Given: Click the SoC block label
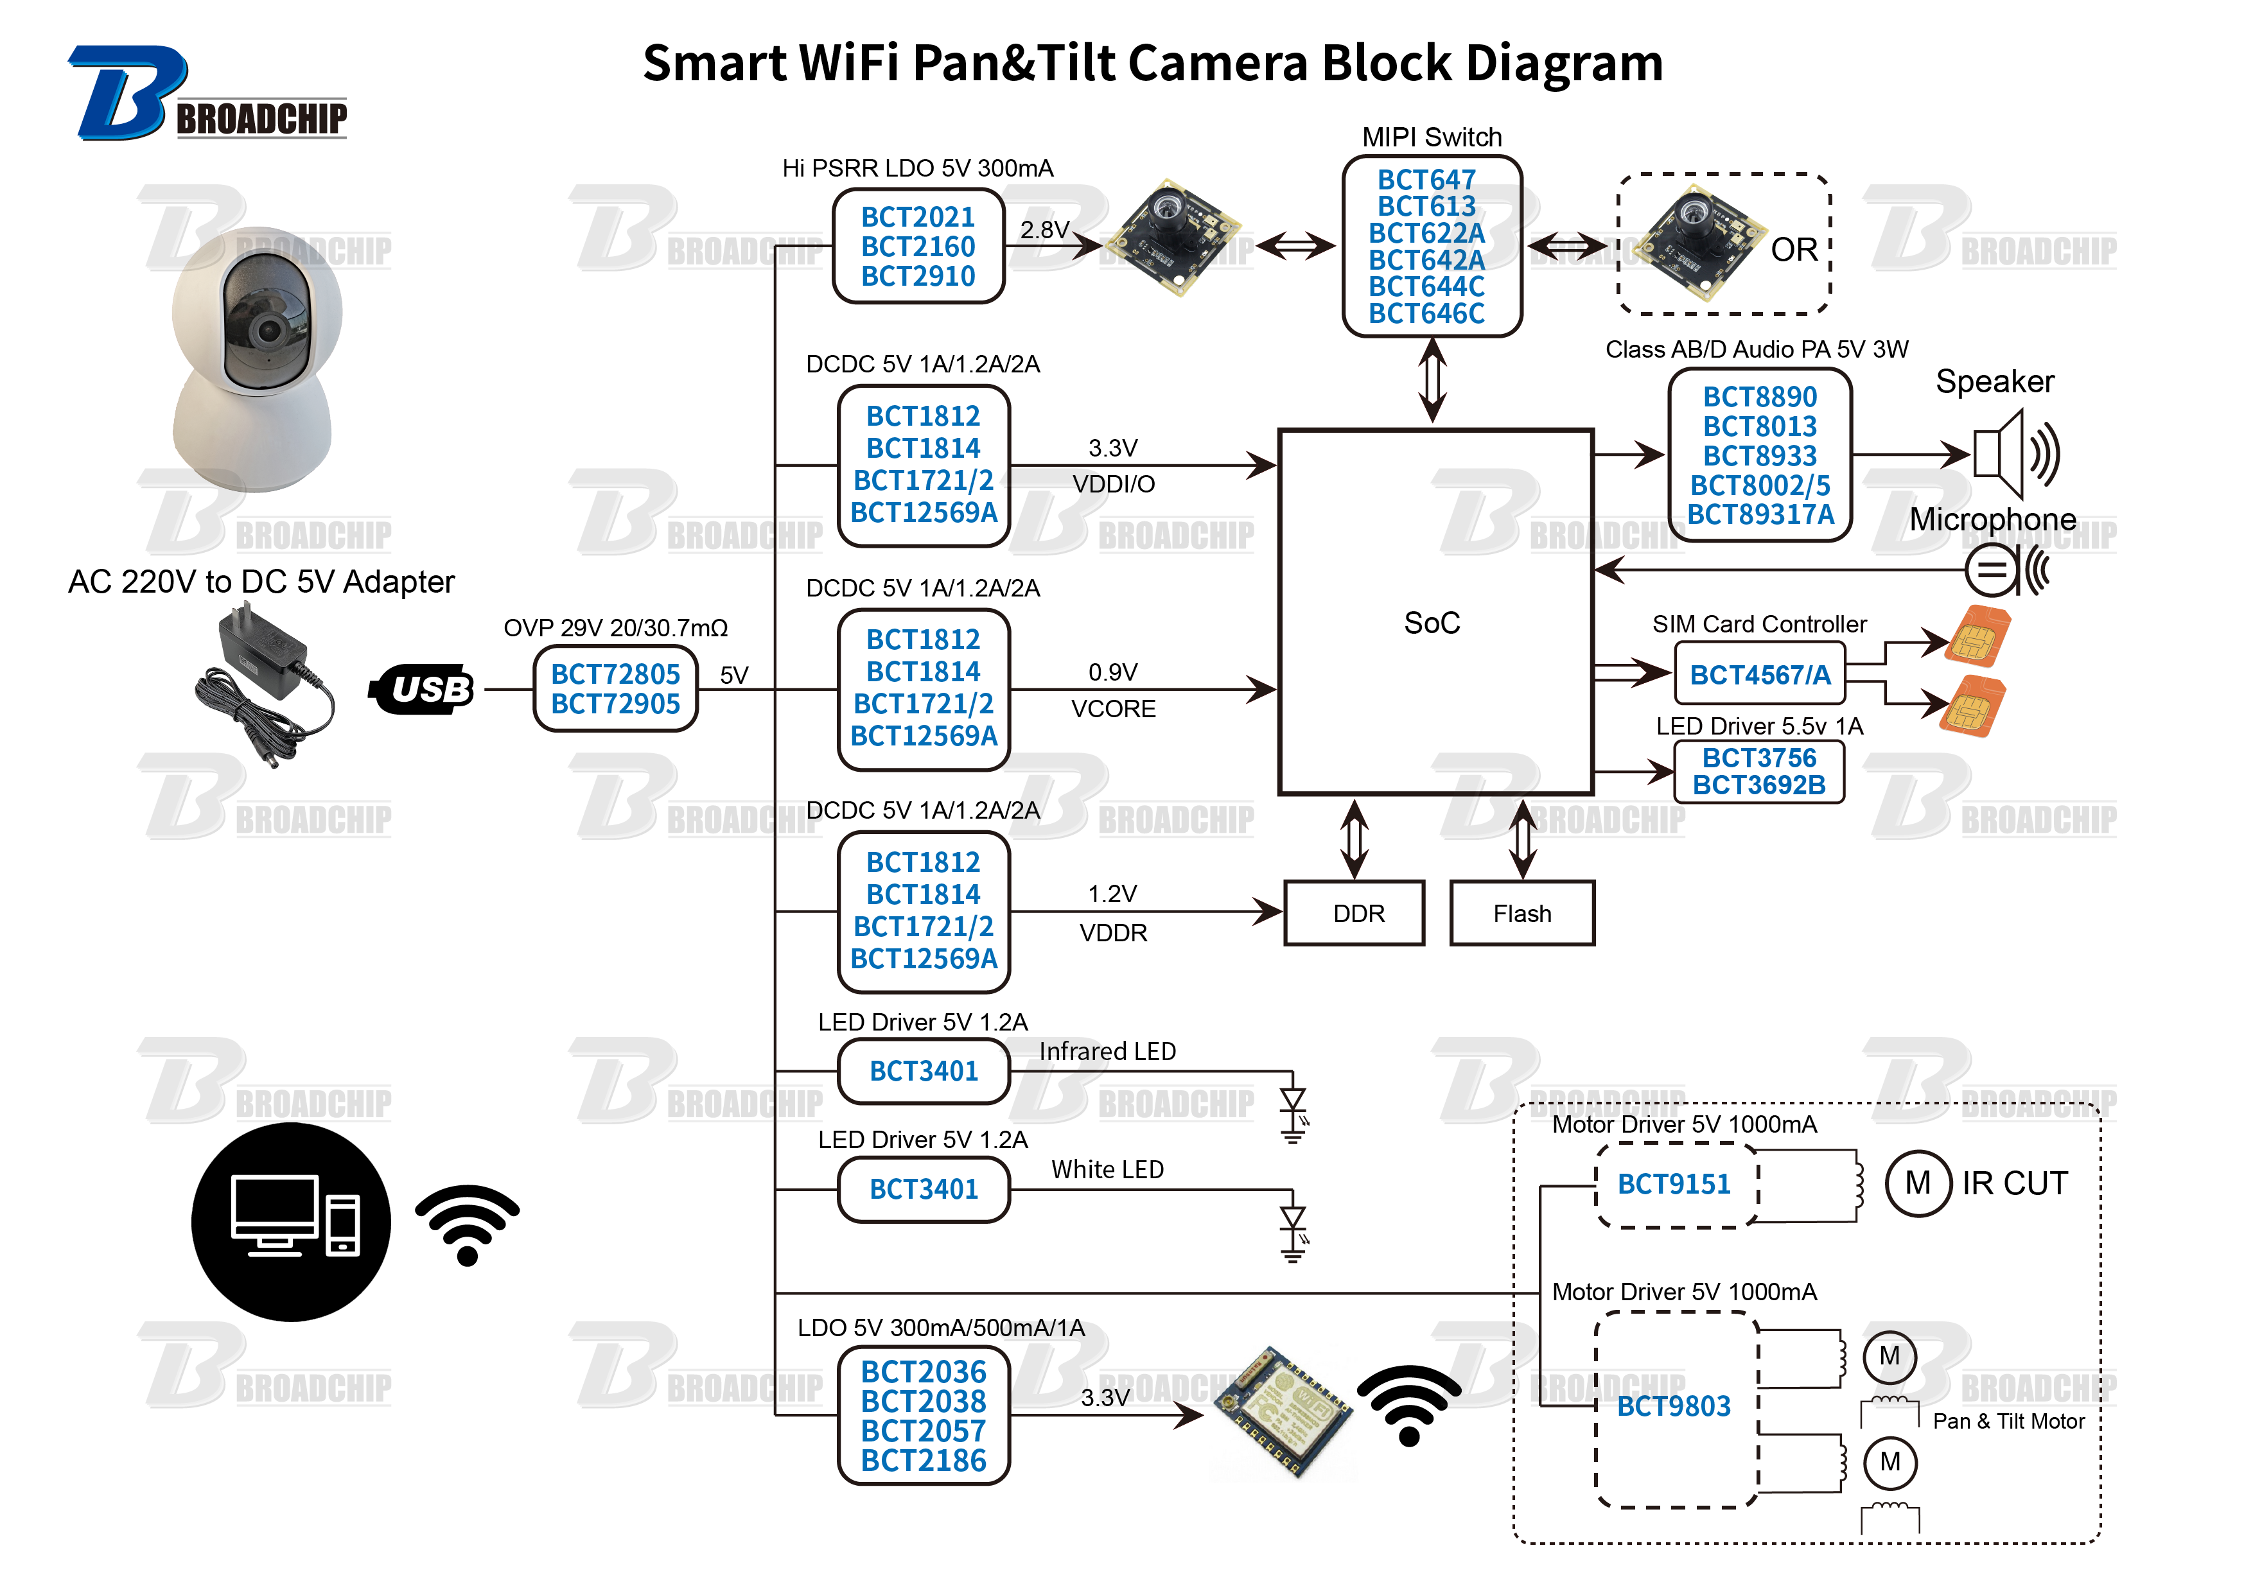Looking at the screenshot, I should coord(1431,623).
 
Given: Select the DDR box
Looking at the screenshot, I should coord(1353,913).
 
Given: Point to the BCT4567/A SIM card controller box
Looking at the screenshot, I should coord(1758,675).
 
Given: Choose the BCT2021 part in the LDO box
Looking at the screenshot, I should coord(918,217).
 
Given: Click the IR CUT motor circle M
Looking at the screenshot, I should coord(1917,1183).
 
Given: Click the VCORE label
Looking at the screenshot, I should coord(1113,708).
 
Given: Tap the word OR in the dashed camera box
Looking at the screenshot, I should coord(1793,250).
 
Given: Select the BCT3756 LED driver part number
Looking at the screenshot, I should coord(1758,757).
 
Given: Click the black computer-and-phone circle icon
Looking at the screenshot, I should coord(290,1223).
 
